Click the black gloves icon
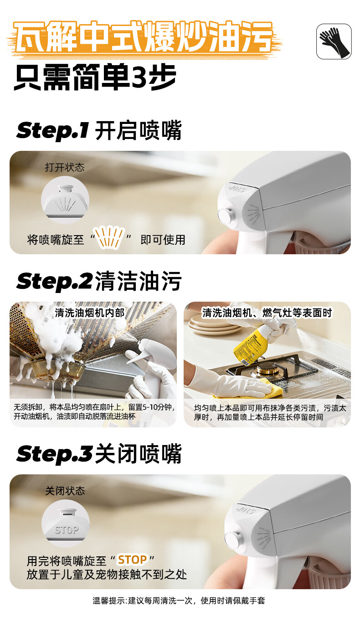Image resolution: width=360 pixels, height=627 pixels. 334,41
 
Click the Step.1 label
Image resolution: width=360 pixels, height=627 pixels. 53,131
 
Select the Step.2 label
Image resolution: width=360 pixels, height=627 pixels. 54,281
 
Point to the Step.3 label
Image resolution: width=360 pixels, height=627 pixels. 54,454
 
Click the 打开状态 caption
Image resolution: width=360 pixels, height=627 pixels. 65,167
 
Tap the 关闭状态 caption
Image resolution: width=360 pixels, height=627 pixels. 65,491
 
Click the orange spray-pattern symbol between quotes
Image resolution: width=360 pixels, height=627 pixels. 109,237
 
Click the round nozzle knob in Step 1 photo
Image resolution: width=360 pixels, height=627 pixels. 226,216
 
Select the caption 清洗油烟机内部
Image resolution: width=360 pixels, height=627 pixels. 90,313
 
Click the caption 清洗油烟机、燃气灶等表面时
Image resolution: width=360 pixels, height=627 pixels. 267,313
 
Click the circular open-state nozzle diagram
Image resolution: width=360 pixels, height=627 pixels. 65,200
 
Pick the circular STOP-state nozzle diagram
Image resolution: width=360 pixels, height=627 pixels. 66,523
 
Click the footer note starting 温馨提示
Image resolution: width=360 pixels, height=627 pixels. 179,601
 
